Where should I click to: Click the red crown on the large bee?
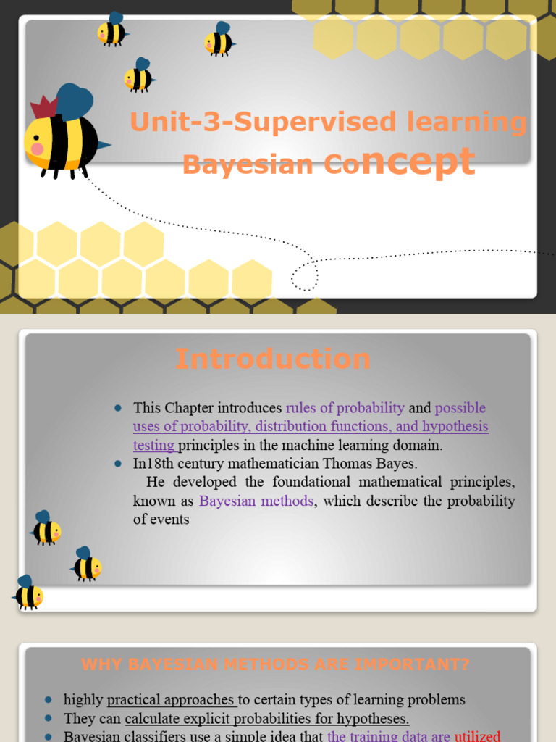click(x=43, y=109)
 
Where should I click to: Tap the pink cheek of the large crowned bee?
click(x=37, y=149)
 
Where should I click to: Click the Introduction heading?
click(x=273, y=359)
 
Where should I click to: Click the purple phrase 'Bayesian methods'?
click(x=256, y=501)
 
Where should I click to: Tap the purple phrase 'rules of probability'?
click(x=345, y=408)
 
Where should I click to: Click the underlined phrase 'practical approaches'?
click(x=171, y=700)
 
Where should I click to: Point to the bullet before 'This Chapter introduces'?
click(x=118, y=408)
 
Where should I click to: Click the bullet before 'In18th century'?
click(x=118, y=463)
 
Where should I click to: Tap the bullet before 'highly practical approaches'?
click(x=49, y=700)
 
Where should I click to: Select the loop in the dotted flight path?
click(x=305, y=275)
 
